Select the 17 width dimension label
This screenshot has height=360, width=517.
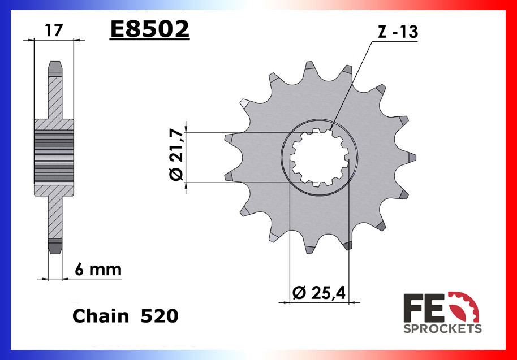(54, 30)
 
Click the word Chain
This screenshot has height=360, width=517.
(101, 316)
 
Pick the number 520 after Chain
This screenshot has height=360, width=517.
(160, 316)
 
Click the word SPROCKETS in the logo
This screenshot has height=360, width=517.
(442, 328)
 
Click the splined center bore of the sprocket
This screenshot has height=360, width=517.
(319, 158)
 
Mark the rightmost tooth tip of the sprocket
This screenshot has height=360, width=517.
(413, 158)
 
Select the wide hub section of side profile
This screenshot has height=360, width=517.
(54, 158)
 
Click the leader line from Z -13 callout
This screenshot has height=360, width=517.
(351, 85)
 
